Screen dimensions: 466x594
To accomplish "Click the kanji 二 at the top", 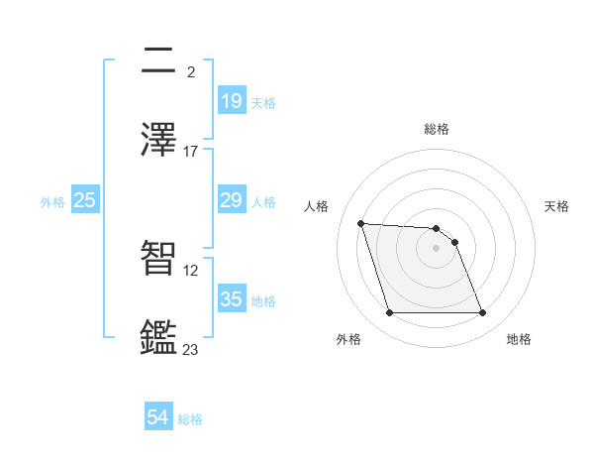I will click(160, 61).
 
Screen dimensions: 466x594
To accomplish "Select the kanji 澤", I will click(160, 140).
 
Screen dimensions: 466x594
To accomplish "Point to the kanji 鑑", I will click(160, 337).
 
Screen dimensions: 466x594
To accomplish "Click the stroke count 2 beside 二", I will click(190, 72).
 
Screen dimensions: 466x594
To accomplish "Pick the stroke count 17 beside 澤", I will click(191, 151).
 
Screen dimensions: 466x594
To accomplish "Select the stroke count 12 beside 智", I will click(191, 270).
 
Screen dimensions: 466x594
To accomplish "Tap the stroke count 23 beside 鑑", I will click(191, 349).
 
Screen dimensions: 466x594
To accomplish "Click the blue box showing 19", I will click(231, 101).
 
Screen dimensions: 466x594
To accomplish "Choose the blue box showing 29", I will click(231, 200).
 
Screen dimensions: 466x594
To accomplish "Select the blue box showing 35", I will click(231, 299).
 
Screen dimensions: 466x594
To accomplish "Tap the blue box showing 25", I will click(85, 200).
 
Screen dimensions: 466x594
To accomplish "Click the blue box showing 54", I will click(158, 418).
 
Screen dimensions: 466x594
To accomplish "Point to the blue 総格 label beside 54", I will click(190, 419).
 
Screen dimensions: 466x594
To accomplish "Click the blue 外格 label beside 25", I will click(52, 201).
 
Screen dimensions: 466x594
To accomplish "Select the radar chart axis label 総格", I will click(437, 129).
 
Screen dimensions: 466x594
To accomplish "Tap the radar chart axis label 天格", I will click(557, 206).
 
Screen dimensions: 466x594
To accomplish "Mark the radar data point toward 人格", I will click(361, 224).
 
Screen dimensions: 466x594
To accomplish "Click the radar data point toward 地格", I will click(482, 313).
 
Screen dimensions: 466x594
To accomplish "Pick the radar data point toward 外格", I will click(389, 313).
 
